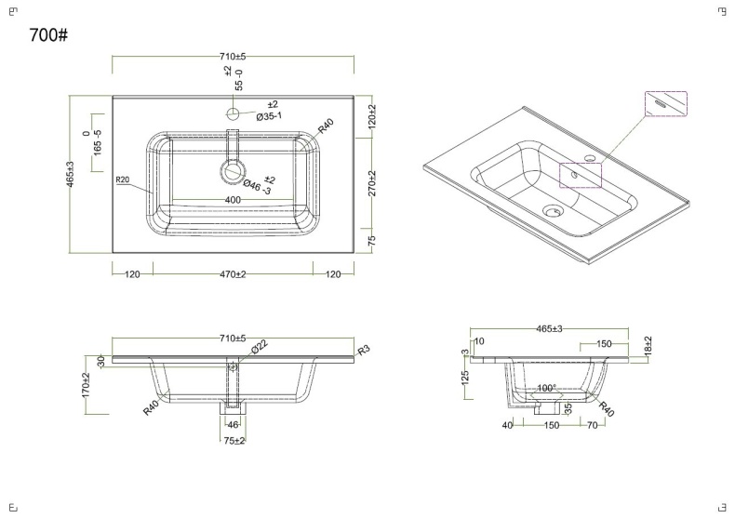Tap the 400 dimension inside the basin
pyautogui.click(x=233, y=200)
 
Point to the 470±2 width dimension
pyautogui.click(x=233, y=274)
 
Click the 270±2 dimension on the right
pyautogui.click(x=371, y=183)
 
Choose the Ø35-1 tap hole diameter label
pyautogui.click(x=269, y=115)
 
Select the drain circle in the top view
pyautogui.click(x=233, y=171)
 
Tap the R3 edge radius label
pyautogui.click(x=364, y=349)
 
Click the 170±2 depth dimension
pyautogui.click(x=86, y=385)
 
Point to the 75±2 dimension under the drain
pyautogui.click(x=234, y=440)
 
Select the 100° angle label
pyautogui.click(x=546, y=388)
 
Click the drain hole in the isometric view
pyautogui.click(x=552, y=209)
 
